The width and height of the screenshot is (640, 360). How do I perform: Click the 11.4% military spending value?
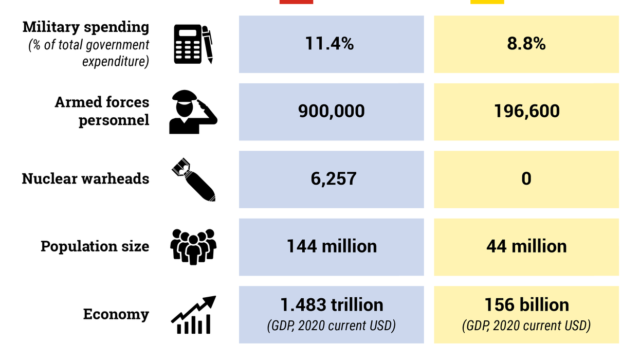tap(330, 44)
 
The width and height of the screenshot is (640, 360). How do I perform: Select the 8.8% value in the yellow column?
tap(526, 44)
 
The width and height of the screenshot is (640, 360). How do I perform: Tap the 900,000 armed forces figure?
tap(331, 111)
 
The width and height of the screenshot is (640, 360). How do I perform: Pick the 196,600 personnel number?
tap(526, 111)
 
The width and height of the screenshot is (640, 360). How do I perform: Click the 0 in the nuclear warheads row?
tap(526, 179)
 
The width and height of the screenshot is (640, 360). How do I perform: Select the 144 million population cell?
tap(331, 246)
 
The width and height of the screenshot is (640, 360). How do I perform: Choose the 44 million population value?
tap(526, 246)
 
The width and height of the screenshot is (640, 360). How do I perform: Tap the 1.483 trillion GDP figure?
tap(331, 305)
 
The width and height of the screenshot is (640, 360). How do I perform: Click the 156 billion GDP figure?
tap(526, 305)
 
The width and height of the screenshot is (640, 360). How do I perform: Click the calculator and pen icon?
tap(193, 45)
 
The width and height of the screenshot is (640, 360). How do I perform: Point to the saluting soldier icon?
tap(193, 112)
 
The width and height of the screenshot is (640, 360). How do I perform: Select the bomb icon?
tap(193, 179)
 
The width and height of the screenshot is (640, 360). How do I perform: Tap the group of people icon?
tap(193, 247)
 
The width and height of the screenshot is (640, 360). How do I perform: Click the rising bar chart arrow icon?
tap(193, 315)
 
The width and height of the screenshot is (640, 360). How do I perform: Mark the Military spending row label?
tap(86, 27)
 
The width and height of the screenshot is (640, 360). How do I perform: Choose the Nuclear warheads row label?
tap(85, 179)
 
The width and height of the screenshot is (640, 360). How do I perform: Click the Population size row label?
tap(95, 246)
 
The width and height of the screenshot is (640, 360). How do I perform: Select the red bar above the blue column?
tap(296, 2)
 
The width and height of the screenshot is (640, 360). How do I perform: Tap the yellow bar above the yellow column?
tap(487, 2)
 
